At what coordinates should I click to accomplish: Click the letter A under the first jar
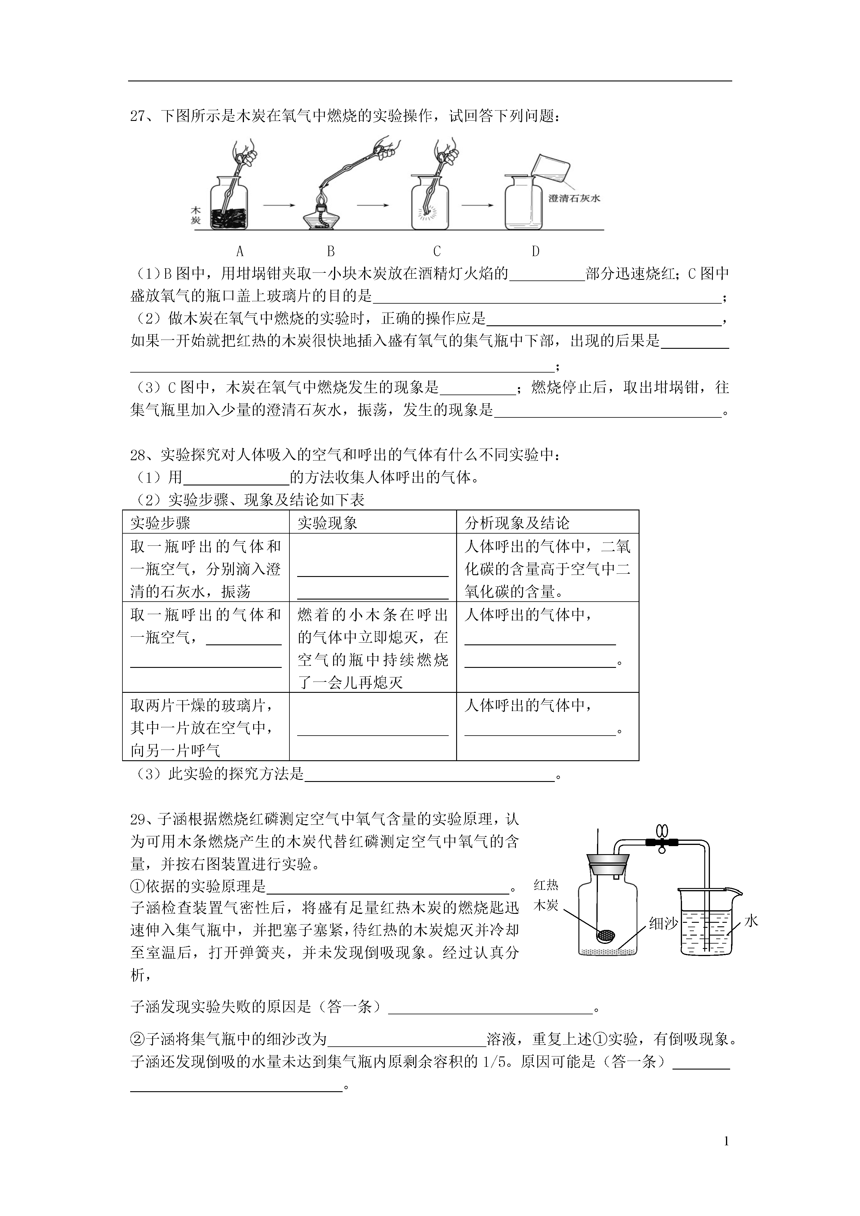pos(240,251)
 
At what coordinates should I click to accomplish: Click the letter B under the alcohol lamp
pos(331,251)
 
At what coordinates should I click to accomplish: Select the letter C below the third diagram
pos(437,251)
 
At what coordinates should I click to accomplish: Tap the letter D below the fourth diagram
pos(535,251)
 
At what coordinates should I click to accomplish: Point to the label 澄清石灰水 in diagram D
pos(574,198)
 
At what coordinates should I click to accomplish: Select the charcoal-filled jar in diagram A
pos(229,204)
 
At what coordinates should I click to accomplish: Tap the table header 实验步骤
pos(160,523)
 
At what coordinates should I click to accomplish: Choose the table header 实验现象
pos(327,523)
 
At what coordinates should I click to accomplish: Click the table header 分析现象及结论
pos(517,523)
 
